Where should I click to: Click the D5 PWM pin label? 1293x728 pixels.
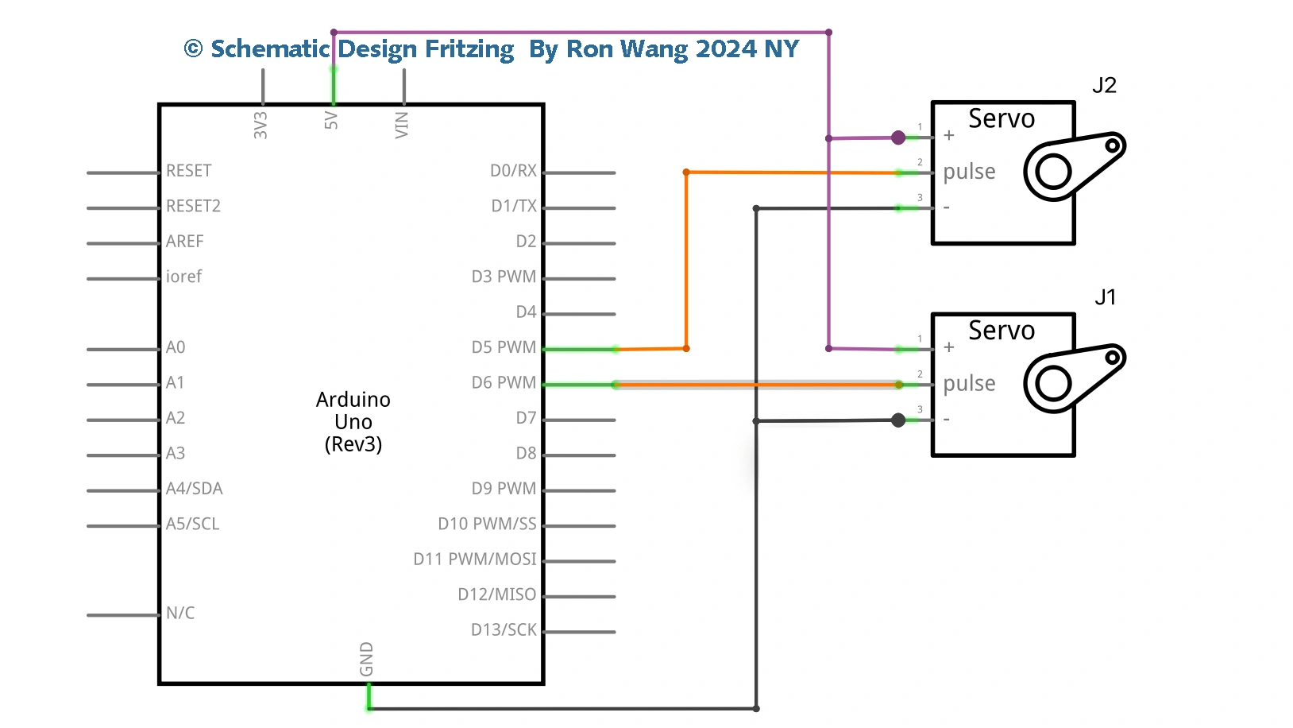[x=504, y=347]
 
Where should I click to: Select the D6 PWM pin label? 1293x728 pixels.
[x=504, y=382]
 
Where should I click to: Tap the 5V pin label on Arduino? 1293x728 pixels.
[x=331, y=121]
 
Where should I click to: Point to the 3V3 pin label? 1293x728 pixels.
[x=261, y=125]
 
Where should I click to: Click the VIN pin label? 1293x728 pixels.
[x=402, y=125]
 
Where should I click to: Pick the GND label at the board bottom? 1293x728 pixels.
[x=366, y=659]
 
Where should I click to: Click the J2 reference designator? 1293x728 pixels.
[x=1104, y=85]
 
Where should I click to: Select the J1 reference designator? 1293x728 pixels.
[x=1105, y=297]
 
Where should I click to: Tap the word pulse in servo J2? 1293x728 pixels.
[x=969, y=172]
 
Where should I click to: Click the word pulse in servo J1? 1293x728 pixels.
[x=969, y=383]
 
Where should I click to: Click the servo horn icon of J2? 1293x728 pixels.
[x=1072, y=165]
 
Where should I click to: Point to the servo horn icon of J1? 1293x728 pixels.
[x=1072, y=378]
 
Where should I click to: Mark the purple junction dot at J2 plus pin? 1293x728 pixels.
[x=898, y=137]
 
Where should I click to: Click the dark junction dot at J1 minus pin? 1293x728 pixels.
[x=898, y=420]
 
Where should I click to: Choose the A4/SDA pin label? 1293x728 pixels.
[x=194, y=489]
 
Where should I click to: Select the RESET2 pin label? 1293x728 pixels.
[x=193, y=206]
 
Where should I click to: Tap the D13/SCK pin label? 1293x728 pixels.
[x=504, y=629]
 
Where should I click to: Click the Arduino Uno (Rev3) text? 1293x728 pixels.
[x=353, y=421]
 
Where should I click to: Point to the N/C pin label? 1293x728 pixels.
[x=180, y=613]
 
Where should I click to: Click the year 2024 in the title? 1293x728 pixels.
[x=726, y=49]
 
